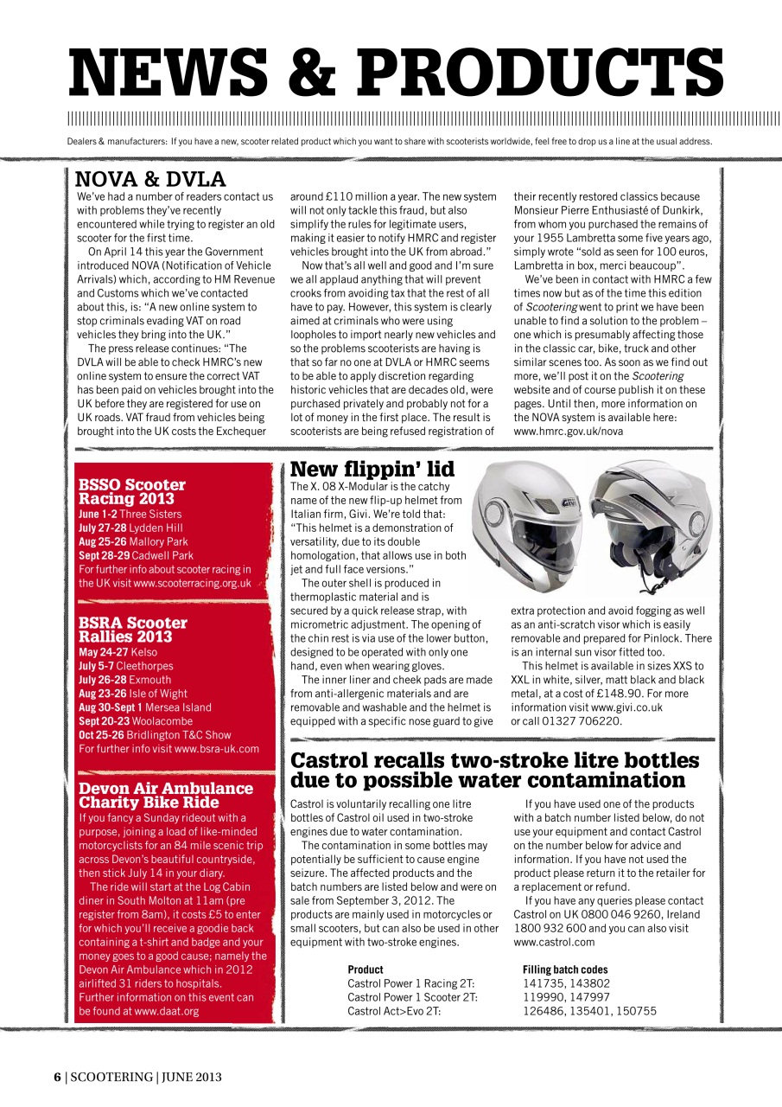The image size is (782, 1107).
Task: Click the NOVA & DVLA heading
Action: [150, 179]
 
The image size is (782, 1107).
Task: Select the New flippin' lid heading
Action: [372, 470]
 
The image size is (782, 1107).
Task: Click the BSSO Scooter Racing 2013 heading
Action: [131, 491]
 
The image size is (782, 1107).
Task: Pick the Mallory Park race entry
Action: [133, 541]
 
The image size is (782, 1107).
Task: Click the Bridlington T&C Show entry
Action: [155, 735]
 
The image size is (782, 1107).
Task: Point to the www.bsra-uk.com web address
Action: [216, 749]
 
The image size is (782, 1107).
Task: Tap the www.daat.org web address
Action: [167, 1011]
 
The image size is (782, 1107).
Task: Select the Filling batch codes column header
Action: [565, 969]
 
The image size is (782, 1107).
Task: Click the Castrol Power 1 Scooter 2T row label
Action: [412, 997]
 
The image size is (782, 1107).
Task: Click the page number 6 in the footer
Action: [57, 1077]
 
